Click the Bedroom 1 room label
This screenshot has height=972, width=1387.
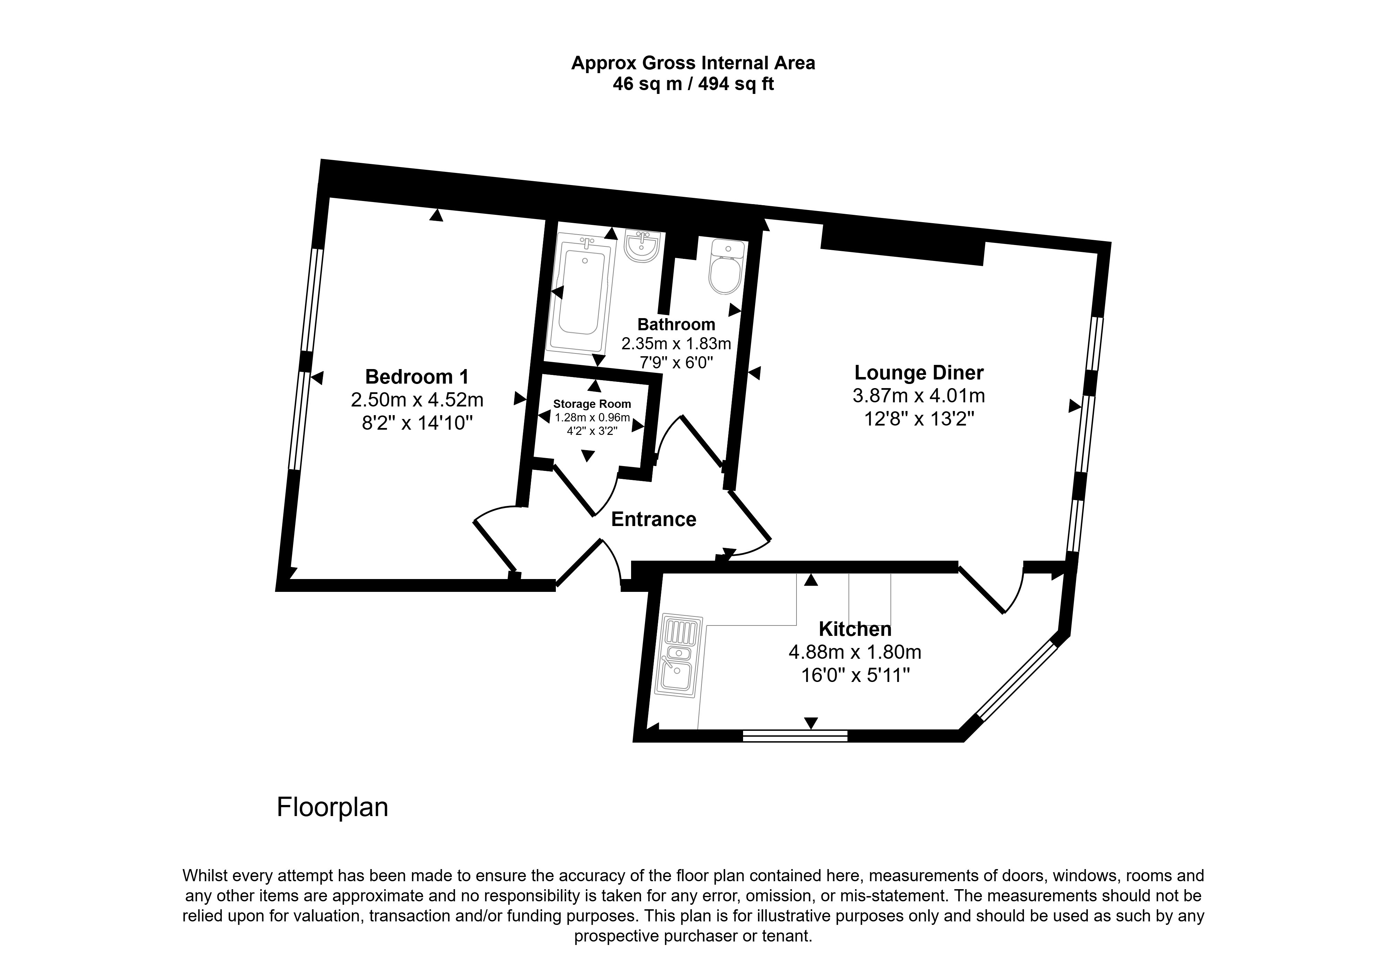click(x=417, y=377)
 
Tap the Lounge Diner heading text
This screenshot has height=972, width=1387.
click(x=919, y=373)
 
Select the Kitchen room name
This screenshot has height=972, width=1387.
click(x=855, y=629)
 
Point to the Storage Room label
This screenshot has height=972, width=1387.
click(x=592, y=404)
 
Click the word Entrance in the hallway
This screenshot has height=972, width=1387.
click(x=654, y=519)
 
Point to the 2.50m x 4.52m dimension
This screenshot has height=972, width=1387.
click(x=417, y=400)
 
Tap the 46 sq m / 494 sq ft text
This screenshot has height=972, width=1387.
click(x=693, y=84)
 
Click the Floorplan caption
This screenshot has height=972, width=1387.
click(x=332, y=807)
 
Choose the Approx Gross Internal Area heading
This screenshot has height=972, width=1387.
click(x=693, y=63)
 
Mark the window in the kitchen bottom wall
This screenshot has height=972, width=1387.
click(x=795, y=735)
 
